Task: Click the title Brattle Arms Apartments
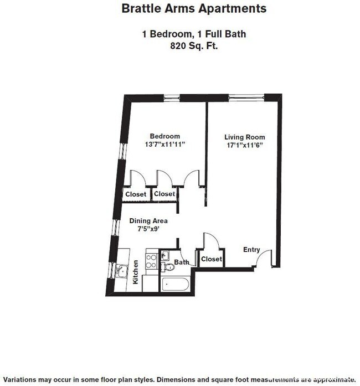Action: [193, 9]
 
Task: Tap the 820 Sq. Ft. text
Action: [193, 47]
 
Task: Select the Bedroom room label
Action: [165, 136]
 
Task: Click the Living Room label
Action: [244, 137]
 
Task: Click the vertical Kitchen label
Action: [136, 272]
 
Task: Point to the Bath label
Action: [182, 262]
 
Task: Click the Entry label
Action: [251, 250]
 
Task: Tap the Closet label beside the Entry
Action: [211, 259]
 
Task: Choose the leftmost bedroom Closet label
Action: [136, 194]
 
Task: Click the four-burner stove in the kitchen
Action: [150, 261]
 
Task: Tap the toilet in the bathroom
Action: [169, 267]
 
